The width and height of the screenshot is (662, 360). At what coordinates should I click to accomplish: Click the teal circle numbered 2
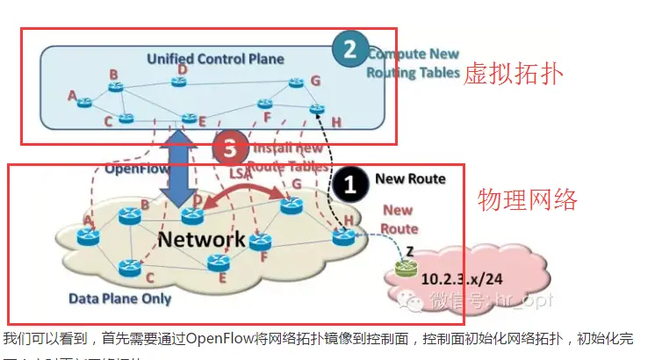click(x=349, y=49)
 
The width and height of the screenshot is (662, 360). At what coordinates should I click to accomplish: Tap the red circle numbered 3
click(x=231, y=150)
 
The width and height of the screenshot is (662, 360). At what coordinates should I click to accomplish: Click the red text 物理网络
click(x=528, y=200)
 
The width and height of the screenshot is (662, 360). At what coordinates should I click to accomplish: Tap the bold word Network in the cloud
click(x=202, y=239)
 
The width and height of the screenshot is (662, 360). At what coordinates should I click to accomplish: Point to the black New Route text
click(x=410, y=179)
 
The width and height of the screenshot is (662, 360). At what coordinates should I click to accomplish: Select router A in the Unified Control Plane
click(x=84, y=103)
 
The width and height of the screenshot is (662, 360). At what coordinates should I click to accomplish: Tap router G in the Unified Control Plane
click(x=295, y=85)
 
